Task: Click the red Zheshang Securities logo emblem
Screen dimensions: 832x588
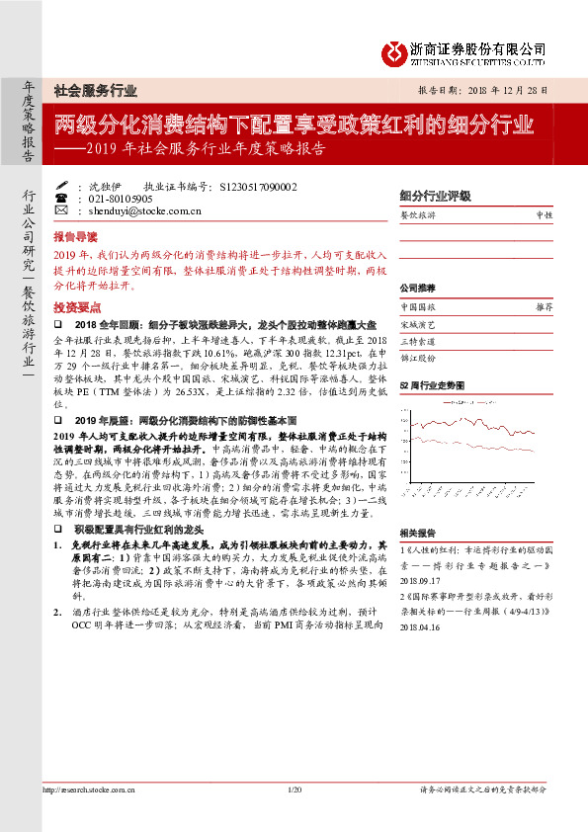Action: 396,48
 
